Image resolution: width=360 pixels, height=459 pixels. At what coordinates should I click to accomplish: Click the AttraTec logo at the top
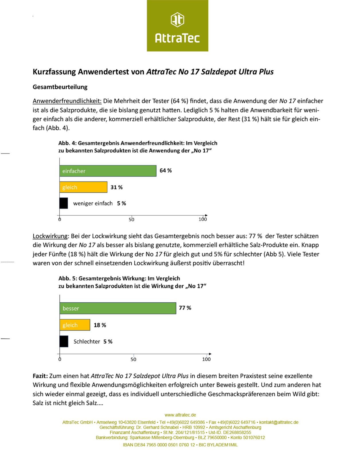(x=177, y=26)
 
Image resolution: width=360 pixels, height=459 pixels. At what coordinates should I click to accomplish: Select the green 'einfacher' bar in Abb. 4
(x=108, y=171)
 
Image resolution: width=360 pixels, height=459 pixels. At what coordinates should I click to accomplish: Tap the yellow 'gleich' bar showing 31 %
(x=83, y=187)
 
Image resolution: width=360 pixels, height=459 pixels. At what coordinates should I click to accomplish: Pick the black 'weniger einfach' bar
(x=64, y=203)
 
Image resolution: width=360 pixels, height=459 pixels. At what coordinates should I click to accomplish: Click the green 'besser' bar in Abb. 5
(x=118, y=308)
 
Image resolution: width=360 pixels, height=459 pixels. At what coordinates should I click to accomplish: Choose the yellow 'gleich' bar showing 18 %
(x=75, y=325)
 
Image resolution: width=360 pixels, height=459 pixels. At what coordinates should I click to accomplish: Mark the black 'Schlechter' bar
(x=64, y=341)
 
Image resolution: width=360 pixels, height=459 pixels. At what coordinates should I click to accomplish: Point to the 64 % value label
(x=166, y=171)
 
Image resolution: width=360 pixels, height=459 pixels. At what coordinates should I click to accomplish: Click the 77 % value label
(x=185, y=308)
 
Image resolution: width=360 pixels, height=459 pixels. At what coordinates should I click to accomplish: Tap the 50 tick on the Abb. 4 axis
(x=132, y=219)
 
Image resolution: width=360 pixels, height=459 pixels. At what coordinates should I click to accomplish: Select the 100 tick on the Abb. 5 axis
(x=206, y=359)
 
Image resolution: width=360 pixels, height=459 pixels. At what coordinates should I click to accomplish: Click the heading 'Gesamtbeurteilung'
(x=60, y=87)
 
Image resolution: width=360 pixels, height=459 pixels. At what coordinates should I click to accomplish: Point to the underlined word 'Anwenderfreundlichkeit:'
(x=67, y=101)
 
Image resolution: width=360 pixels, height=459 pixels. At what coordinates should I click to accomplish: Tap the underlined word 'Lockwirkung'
(x=50, y=236)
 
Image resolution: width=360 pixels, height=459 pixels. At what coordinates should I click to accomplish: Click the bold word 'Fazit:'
(x=40, y=376)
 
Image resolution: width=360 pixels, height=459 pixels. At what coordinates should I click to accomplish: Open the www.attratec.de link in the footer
(x=180, y=415)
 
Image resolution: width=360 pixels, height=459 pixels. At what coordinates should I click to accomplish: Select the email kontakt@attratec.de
(x=279, y=422)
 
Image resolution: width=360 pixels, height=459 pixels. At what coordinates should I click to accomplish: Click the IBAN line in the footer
(x=180, y=445)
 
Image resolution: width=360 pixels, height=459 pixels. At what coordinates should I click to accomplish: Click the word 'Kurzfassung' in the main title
(x=54, y=72)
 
